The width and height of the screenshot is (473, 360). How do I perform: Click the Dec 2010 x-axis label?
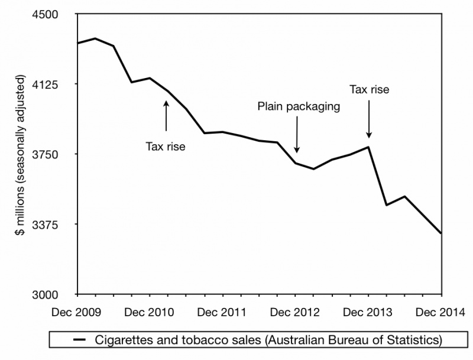[x=150, y=312]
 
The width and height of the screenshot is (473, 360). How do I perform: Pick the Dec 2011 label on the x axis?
[x=223, y=312]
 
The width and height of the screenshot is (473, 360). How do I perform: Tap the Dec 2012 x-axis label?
[x=296, y=312]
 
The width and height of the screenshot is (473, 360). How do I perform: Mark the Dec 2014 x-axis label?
[x=441, y=312]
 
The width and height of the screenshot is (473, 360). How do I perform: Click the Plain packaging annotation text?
[x=299, y=106]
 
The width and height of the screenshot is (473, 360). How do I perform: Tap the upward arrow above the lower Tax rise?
[x=166, y=116]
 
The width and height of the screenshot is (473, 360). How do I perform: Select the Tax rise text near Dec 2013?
[x=370, y=90]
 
